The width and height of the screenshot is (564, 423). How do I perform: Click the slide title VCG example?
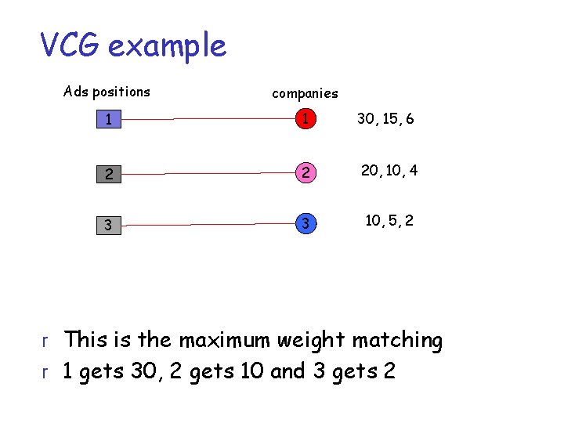(x=133, y=46)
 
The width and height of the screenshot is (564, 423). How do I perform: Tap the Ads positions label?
(x=107, y=92)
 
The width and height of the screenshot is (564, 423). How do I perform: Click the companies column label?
(x=305, y=93)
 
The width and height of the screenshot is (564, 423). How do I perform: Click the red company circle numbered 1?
(x=308, y=119)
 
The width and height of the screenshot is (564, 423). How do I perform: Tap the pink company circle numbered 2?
(x=308, y=172)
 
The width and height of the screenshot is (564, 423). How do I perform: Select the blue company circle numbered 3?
(x=308, y=224)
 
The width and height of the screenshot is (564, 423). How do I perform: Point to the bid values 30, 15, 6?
(x=385, y=119)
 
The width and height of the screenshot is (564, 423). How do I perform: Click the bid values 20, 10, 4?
(x=389, y=170)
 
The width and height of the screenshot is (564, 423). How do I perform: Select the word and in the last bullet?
(x=287, y=371)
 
